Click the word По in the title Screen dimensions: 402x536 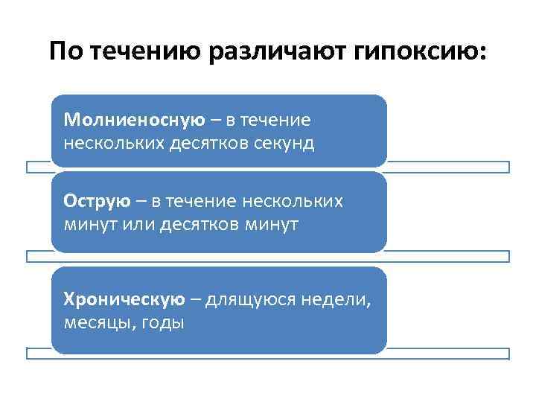coord(64,53)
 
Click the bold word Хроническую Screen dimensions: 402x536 coord(124,300)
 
